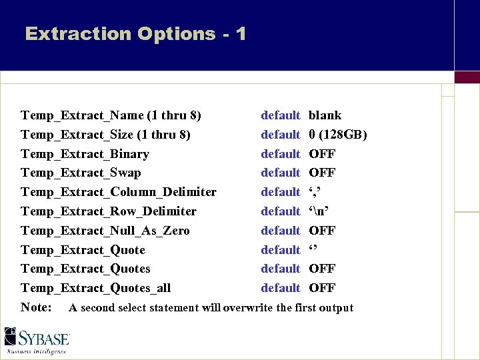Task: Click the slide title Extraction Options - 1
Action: pyautogui.click(x=135, y=33)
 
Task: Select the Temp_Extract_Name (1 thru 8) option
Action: pyautogui.click(x=111, y=115)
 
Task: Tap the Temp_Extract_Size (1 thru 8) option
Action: pyautogui.click(x=105, y=135)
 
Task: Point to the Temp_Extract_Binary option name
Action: pyautogui.click(x=85, y=154)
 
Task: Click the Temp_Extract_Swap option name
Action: pyautogui.click(x=81, y=173)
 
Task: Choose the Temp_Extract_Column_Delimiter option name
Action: pyautogui.click(x=119, y=192)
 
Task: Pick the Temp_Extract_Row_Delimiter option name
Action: pyautogui.click(x=109, y=211)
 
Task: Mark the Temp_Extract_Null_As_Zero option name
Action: pyautogui.click(x=105, y=231)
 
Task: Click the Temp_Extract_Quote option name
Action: pyautogui.click(x=83, y=250)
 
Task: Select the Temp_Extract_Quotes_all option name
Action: pyautogui.click(x=95, y=288)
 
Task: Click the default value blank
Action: pyautogui.click(x=325, y=115)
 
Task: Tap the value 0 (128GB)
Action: pyautogui.click(x=338, y=135)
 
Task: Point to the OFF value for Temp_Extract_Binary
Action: pyautogui.click(x=322, y=154)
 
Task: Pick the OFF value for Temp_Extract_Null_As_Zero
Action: pyautogui.click(x=322, y=231)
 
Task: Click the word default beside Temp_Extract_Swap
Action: pyautogui.click(x=281, y=173)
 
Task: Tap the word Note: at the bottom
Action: pyautogui.click(x=37, y=307)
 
